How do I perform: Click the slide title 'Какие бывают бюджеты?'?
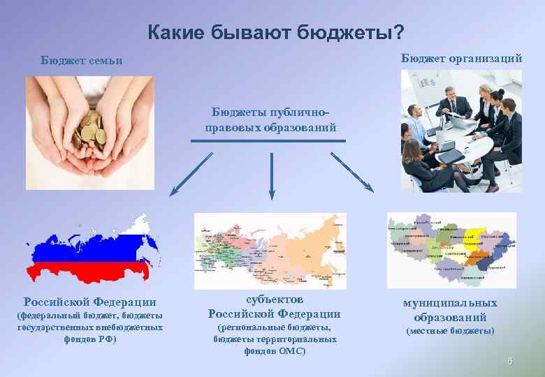(x=276, y=32)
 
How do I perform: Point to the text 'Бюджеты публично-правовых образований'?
(x=270, y=120)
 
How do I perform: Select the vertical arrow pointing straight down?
(x=271, y=173)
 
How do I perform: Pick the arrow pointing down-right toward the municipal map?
(x=352, y=172)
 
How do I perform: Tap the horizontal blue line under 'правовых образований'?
(x=268, y=140)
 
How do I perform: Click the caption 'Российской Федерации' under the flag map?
(x=89, y=302)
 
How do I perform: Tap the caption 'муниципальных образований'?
(x=450, y=310)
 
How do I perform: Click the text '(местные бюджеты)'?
(x=450, y=331)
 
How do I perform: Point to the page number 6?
(x=510, y=361)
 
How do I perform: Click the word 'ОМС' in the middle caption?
(x=291, y=350)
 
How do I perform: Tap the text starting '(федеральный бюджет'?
(x=89, y=316)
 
